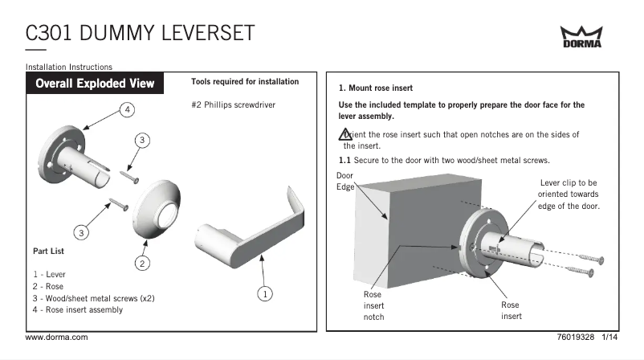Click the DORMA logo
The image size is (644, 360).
tap(581, 37)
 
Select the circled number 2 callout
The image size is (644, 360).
tap(141, 263)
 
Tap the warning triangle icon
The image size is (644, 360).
tap(344, 134)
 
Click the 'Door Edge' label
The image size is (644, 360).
tap(344, 181)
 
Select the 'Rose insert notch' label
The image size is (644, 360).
tap(373, 305)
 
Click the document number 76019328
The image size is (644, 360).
tap(576, 337)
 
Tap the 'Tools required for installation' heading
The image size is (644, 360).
tap(245, 82)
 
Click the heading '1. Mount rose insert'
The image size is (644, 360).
tap(376, 88)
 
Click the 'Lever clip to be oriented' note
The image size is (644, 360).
tap(569, 194)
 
